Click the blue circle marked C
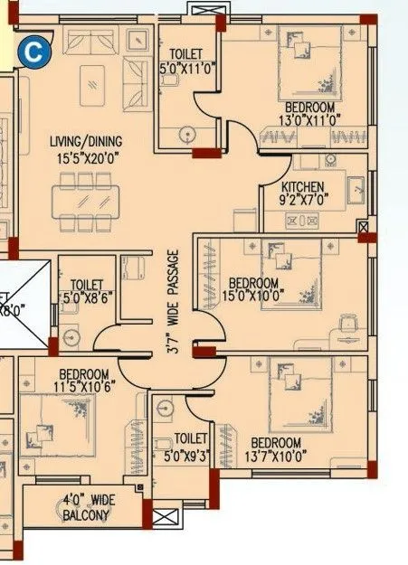coord(33,52)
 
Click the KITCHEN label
coord(284,186)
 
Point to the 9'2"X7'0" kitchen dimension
coord(284,200)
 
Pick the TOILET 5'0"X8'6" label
coord(87,289)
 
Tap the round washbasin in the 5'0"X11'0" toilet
coord(187,134)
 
